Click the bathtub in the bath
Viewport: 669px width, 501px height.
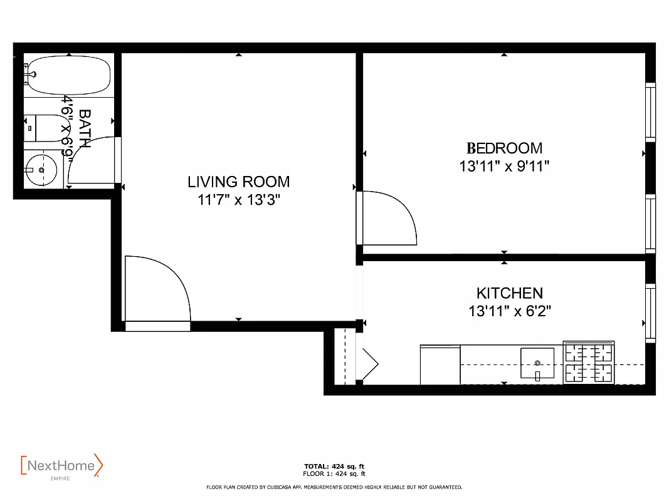tap(68, 76)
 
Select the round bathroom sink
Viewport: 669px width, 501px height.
tap(41, 170)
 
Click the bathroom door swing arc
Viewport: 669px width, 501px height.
tap(88, 160)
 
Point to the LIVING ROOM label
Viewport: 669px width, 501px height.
tap(238, 182)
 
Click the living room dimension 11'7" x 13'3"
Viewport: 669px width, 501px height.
tap(238, 200)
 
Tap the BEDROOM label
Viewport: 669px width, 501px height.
tap(504, 148)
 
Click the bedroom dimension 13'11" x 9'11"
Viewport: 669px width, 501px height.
tap(504, 167)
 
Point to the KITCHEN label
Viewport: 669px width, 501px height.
tap(509, 293)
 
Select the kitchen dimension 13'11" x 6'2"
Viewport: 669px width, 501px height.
tap(509, 311)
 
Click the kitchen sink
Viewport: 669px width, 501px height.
tap(537, 364)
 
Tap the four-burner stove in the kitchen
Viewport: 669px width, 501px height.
tap(589, 363)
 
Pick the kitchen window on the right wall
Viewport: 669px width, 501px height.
tap(650, 313)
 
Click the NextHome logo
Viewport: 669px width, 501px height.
tap(61, 466)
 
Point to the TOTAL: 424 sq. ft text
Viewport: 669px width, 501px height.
tap(334, 467)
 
